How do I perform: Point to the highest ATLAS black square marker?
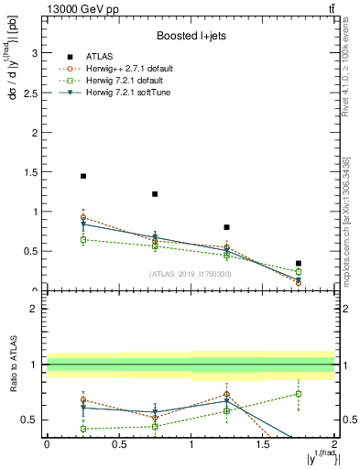(x=82, y=176)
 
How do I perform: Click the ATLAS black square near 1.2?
(x=155, y=194)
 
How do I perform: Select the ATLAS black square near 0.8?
(x=226, y=227)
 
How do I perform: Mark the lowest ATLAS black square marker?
(x=299, y=263)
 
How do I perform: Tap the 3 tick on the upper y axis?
(x=36, y=53)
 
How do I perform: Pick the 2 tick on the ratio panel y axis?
(x=36, y=310)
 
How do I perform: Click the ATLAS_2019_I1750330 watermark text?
(x=191, y=273)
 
